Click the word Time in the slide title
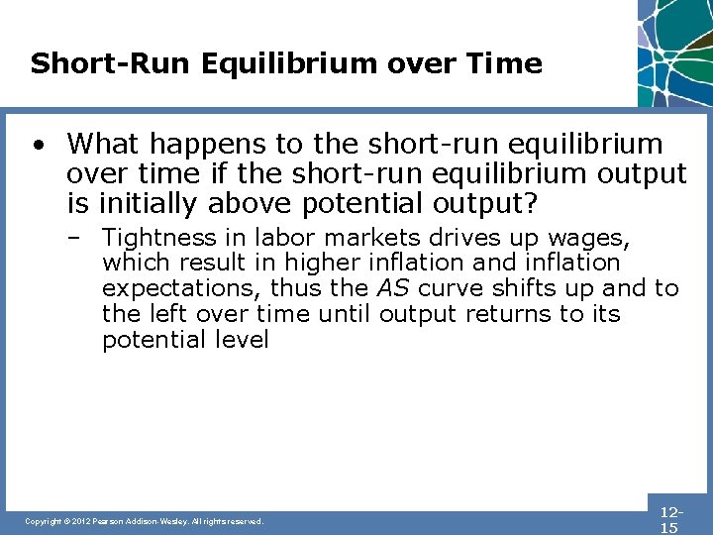(x=505, y=64)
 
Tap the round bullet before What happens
(x=37, y=146)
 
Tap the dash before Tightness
(x=83, y=238)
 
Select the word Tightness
(x=153, y=238)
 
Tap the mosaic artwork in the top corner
(x=674, y=50)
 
